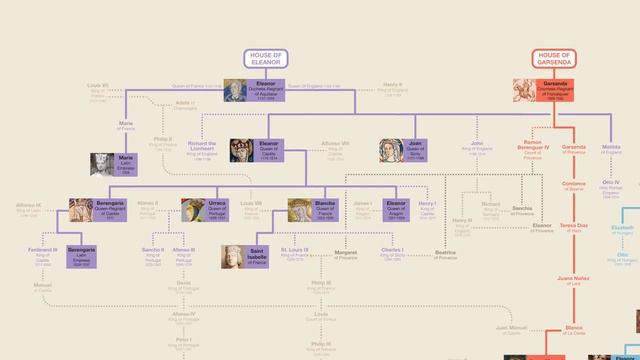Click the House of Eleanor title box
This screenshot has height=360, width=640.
266,59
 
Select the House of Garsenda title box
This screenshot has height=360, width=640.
553,59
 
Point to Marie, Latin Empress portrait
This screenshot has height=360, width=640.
102,163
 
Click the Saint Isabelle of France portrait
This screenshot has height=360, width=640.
234,256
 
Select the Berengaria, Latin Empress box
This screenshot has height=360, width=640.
84,256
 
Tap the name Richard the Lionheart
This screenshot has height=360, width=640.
201,150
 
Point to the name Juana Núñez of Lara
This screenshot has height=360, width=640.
574,281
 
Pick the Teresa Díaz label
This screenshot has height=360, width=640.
574,228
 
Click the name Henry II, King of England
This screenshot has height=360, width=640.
393,87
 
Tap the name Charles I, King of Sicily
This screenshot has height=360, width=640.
393,252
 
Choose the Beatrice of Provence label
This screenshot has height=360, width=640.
445,256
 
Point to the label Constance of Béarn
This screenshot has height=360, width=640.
574,186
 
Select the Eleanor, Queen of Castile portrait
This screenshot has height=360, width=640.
243,150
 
